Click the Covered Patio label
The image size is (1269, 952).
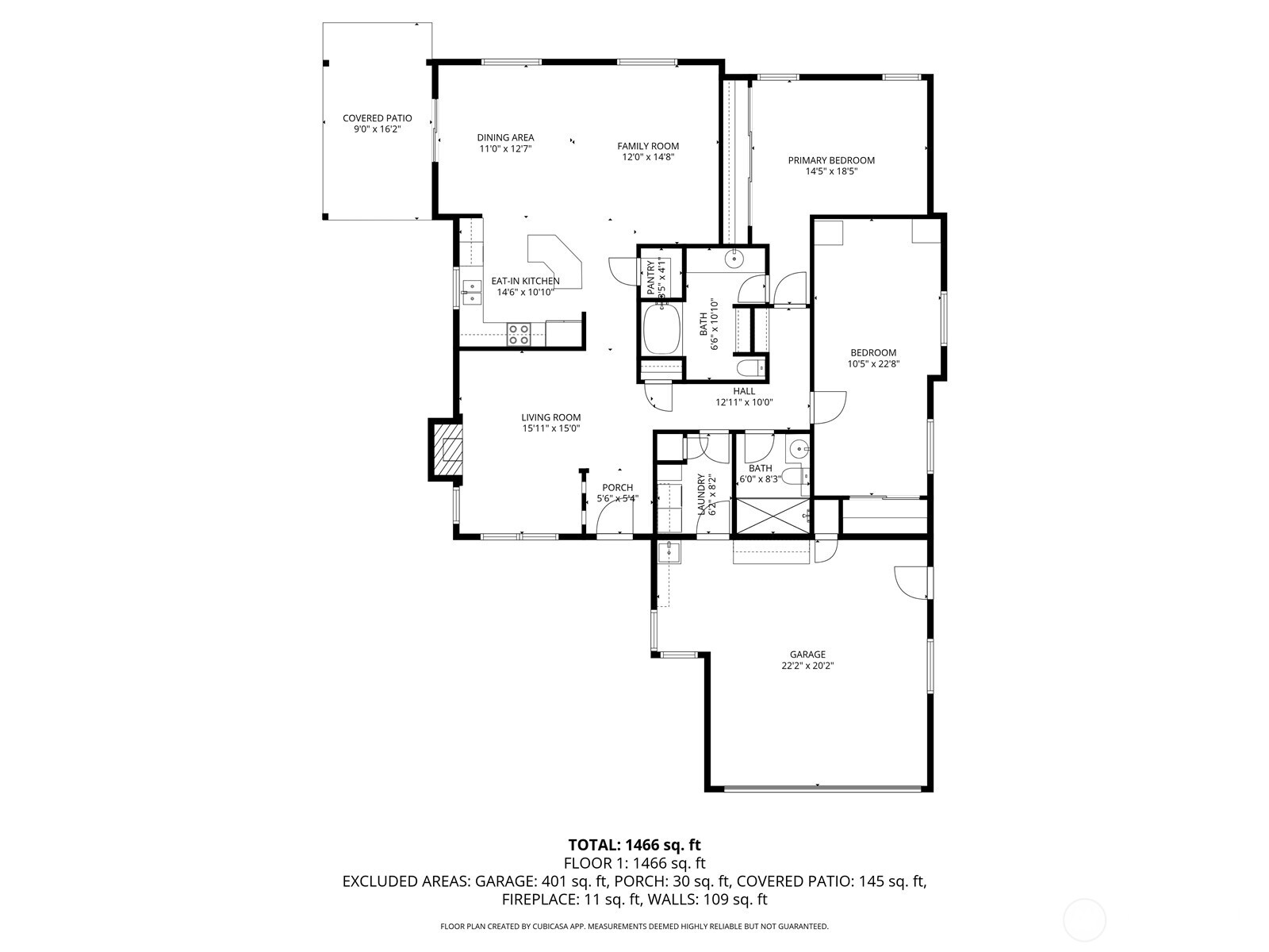tap(377, 118)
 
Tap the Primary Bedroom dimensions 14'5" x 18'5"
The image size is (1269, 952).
tap(830, 171)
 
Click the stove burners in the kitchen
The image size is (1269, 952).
tap(519, 334)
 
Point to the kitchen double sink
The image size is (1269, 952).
tap(472, 292)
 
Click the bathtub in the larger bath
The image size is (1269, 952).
tap(661, 330)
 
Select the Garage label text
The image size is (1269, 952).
tap(807, 654)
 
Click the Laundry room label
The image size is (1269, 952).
tap(702, 494)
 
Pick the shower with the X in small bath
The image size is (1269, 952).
tap(773, 518)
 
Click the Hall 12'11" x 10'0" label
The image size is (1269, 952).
tap(744, 396)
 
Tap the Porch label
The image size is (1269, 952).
tap(617, 488)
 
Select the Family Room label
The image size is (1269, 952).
tap(648, 146)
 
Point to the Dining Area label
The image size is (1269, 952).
tap(505, 137)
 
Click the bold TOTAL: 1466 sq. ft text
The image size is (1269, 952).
tap(634, 845)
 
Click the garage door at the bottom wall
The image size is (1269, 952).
tap(822, 788)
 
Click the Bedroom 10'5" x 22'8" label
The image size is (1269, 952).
tap(873, 359)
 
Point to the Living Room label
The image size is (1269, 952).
tap(550, 417)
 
